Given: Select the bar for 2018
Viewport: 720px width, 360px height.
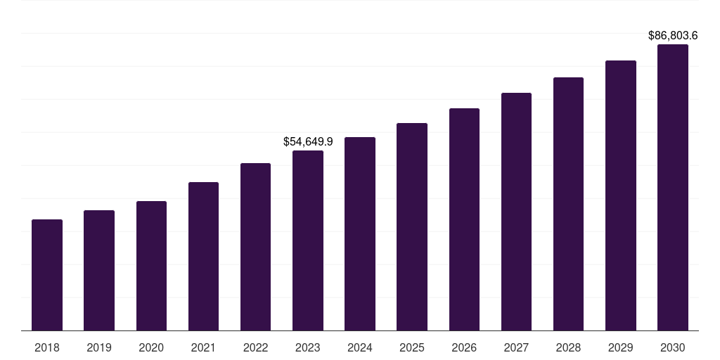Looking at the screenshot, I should point(47,275).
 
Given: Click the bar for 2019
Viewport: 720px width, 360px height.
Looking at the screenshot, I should point(99,271).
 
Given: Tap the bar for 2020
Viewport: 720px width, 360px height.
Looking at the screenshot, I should point(151,266).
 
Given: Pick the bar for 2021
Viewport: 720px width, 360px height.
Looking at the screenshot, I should point(203,257).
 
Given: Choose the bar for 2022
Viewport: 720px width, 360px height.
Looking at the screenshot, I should point(255,247).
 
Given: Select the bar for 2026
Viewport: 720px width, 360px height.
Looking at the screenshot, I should point(464,219).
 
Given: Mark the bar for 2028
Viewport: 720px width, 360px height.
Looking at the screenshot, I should point(568,204).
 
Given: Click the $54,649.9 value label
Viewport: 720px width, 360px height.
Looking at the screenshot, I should point(308,141).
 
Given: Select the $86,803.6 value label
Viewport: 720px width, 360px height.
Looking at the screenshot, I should point(673,34).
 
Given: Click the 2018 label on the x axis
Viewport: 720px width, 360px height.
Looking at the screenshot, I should point(47,347).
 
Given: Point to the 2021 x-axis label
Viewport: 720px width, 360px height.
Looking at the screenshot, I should point(203,347).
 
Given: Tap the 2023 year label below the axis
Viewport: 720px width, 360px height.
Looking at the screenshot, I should point(308,347).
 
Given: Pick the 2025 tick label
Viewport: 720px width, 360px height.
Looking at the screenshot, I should point(412,347).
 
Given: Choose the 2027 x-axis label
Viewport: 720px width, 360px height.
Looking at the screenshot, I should point(516,347).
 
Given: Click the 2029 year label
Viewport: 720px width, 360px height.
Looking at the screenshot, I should point(620,347).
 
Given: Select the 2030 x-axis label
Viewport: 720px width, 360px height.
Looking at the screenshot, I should point(672,347).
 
